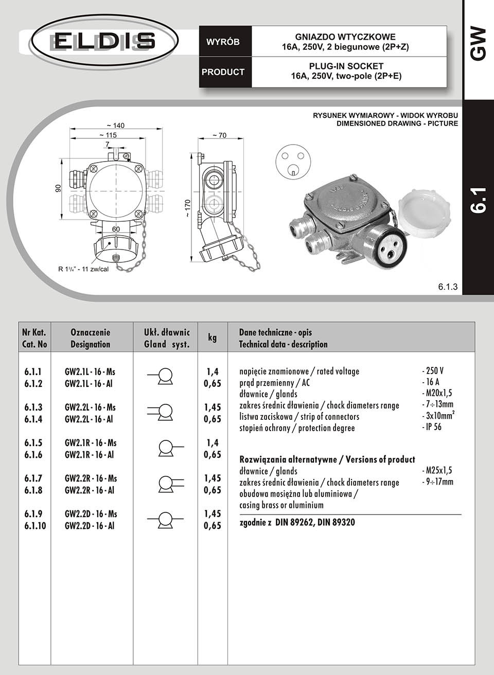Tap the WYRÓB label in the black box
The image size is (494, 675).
tap(223, 42)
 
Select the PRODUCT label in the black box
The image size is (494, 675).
tap(223, 72)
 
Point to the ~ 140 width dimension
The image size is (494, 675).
tap(115, 126)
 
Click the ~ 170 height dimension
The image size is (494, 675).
tap(188, 208)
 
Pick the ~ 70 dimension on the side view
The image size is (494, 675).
tap(219, 135)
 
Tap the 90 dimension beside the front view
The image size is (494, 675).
tap(58, 189)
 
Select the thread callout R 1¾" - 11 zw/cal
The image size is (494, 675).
tap(83, 269)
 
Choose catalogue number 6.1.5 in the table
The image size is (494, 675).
tap(33, 443)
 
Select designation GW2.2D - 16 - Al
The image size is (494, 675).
tap(90, 526)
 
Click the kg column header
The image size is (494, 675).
tap(212, 337)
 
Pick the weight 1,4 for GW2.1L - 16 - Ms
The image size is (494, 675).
tap(213, 371)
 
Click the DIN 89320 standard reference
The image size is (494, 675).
tap(336, 523)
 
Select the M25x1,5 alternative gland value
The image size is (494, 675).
tap(437, 470)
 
